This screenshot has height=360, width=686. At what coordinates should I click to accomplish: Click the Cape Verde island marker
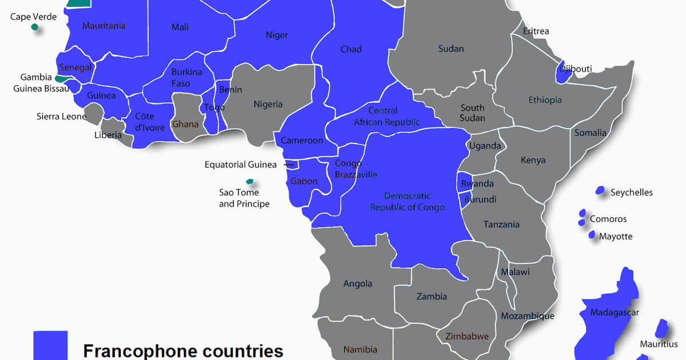35,27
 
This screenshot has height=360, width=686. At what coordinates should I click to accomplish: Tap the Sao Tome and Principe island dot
249,182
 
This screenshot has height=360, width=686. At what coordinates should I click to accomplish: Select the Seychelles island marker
600,190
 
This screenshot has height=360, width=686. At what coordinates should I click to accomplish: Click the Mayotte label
616,236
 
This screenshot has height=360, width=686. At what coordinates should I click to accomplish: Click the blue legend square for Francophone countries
50,345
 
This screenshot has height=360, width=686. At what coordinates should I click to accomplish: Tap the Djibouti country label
576,69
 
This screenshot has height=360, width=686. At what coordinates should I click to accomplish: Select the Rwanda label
477,183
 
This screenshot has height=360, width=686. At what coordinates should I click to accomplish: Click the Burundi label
480,199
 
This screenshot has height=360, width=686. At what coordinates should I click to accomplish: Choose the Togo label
214,107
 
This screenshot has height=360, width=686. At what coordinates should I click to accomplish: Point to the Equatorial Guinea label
241,165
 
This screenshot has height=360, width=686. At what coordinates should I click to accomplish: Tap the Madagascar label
615,313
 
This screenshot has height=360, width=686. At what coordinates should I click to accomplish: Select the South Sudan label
473,113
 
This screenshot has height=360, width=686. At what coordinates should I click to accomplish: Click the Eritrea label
536,31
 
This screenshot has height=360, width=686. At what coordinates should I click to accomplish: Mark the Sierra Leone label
61,117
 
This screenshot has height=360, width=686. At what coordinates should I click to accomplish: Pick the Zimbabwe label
467,336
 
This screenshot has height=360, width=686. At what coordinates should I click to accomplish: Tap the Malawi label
515,272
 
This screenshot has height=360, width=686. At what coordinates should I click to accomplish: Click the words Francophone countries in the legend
183,350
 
